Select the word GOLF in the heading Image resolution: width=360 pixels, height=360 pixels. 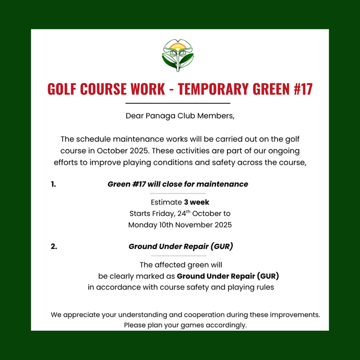click(61, 89)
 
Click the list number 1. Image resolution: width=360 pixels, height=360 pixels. click(53, 184)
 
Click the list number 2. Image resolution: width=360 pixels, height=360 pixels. click(54, 247)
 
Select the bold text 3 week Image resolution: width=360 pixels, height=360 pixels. click(196, 202)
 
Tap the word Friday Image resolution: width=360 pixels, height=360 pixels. click(165, 214)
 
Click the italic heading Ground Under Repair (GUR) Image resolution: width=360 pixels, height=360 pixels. click(181, 247)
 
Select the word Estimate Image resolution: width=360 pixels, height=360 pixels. click(166, 202)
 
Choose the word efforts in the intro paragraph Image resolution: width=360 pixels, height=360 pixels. click(68, 162)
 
